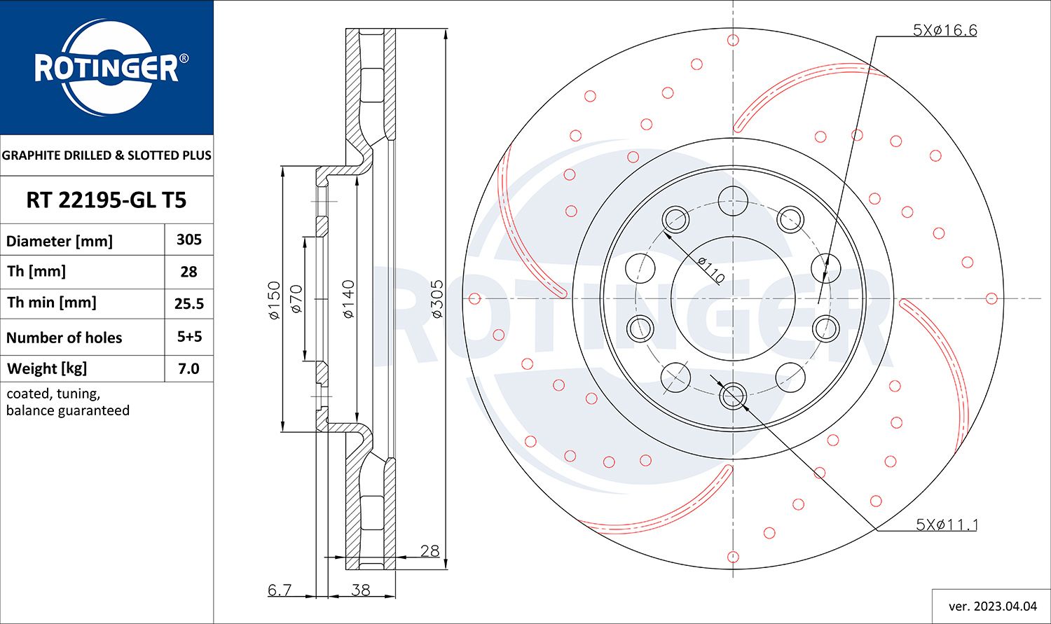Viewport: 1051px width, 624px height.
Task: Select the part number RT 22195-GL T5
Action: (x=107, y=200)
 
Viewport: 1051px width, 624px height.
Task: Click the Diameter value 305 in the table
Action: (x=189, y=240)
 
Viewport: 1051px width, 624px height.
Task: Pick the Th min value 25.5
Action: (x=189, y=303)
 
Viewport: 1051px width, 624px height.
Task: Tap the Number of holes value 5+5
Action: (x=189, y=337)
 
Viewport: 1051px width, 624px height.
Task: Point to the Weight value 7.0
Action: (x=189, y=368)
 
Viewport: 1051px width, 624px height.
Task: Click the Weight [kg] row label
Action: (x=47, y=368)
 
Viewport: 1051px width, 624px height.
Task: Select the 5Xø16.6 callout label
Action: (x=944, y=30)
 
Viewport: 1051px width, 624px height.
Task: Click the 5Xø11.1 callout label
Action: (x=947, y=525)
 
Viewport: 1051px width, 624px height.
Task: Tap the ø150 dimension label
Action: (x=274, y=300)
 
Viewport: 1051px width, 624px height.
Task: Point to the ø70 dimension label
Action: (x=295, y=298)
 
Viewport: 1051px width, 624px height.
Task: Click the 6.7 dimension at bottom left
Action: (x=280, y=590)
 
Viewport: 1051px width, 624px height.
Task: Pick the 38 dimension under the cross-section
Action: (x=360, y=590)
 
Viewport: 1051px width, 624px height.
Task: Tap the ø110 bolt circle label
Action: (x=710, y=270)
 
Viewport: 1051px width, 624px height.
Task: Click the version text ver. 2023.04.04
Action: (x=992, y=606)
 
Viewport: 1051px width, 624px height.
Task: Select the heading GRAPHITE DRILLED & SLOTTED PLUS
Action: (x=107, y=155)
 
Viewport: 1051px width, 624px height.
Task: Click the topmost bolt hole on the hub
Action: (x=733, y=201)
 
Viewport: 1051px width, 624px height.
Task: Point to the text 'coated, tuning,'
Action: (x=53, y=394)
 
